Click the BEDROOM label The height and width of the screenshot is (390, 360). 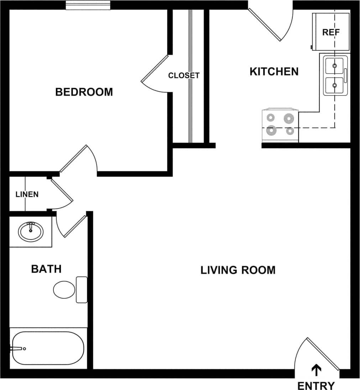coord(84,92)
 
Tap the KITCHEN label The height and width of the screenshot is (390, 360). coord(274,72)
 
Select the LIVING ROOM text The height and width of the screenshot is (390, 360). coord(238,270)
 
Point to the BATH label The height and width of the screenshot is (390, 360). coord(46,269)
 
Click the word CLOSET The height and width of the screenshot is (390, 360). coord(184,76)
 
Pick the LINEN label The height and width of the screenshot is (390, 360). coord(27,195)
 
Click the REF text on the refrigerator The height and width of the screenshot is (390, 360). coord(331,32)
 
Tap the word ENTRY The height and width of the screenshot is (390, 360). coord(316,385)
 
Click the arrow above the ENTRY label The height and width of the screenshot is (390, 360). coord(316,370)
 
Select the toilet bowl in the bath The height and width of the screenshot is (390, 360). coord(64,290)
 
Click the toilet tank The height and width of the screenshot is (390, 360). coord(82,290)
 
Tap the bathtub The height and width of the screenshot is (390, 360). coord(47,348)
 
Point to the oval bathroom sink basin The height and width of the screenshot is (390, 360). coord(31,232)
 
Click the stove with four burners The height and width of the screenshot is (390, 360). coord(280,126)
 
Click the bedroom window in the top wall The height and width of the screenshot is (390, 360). coord(88,5)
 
